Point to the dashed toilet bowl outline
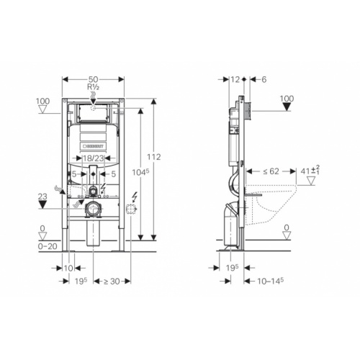click(277, 205)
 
